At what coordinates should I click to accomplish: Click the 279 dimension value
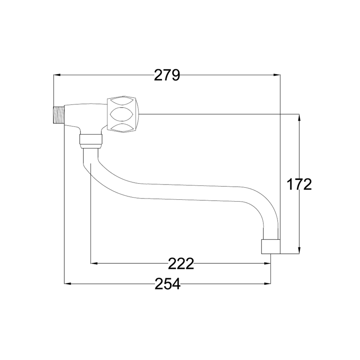167,75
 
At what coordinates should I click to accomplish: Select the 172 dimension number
299,184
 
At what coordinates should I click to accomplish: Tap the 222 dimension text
181,264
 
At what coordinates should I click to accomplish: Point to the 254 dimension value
167,284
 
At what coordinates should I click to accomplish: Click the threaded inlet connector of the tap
59,115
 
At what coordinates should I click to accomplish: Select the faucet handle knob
123,114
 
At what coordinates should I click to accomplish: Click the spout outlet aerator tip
271,247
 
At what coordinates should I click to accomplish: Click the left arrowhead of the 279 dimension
57,75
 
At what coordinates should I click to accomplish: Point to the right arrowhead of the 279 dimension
277,75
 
